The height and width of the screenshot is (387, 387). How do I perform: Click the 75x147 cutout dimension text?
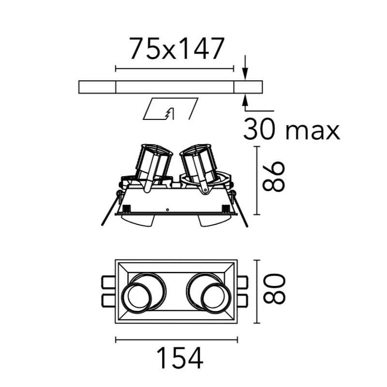(177, 49)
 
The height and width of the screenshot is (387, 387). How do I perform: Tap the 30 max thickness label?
(292, 129)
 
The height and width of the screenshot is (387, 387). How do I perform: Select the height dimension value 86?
(273, 177)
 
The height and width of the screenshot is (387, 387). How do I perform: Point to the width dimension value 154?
(180, 358)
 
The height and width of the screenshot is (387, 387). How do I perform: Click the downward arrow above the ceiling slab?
(245, 67)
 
